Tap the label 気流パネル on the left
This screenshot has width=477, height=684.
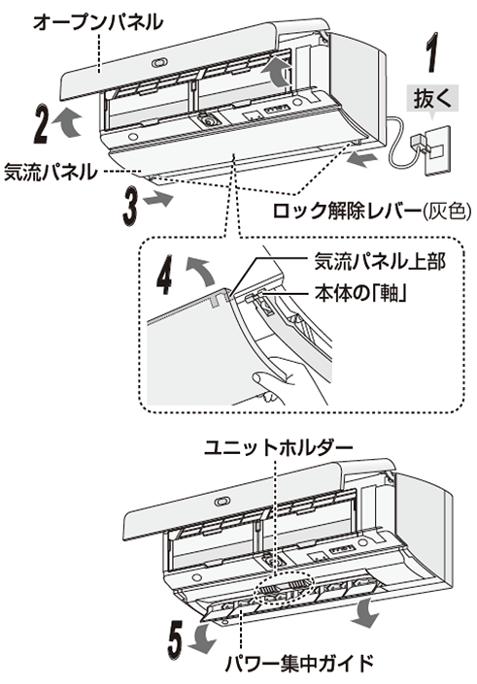point(49,171)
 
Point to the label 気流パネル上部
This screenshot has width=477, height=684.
point(369,261)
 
